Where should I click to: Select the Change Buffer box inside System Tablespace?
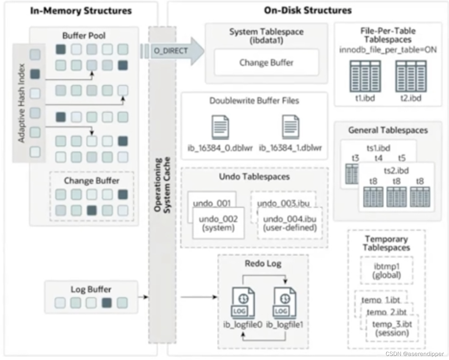click(x=266, y=62)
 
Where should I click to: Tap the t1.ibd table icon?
click(x=365, y=76)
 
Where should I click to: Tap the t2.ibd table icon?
click(x=411, y=76)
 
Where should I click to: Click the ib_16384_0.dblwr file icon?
click(x=220, y=127)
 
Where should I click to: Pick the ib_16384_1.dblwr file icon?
click(x=291, y=127)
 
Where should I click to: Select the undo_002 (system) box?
click(x=218, y=223)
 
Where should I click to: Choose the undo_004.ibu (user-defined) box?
click(x=290, y=223)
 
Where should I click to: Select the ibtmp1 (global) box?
click(x=387, y=271)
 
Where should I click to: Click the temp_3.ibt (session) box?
click(x=392, y=328)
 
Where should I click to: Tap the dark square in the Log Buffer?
click(x=107, y=302)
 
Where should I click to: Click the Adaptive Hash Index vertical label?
click(x=22, y=103)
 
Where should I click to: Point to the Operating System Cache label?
click(x=162, y=185)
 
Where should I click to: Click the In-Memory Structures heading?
click(x=81, y=11)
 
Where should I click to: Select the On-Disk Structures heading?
click(x=307, y=10)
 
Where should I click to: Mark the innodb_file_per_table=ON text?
click(x=388, y=50)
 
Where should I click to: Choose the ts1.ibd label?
click(x=378, y=148)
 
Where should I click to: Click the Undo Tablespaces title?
click(x=254, y=177)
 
